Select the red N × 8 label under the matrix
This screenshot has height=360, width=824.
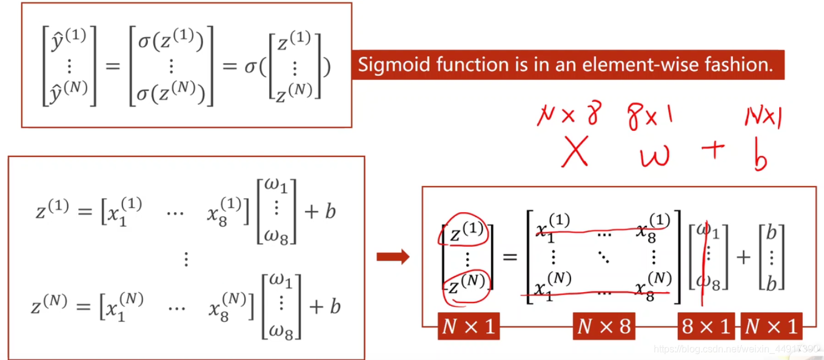coord(603,327)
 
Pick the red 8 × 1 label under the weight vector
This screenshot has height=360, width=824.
coord(706,327)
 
